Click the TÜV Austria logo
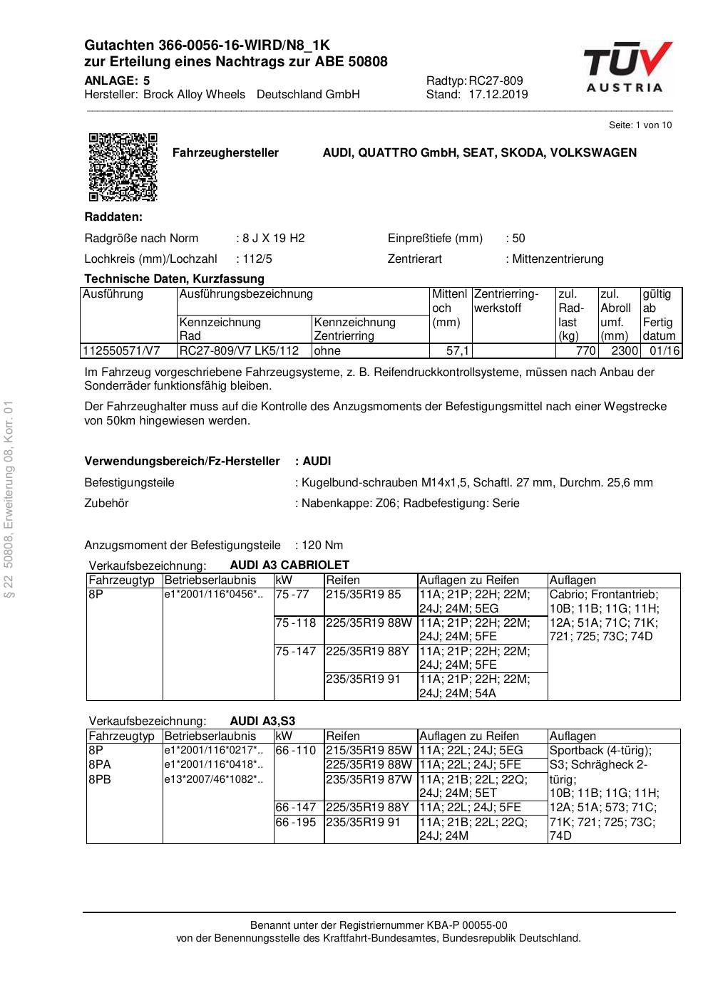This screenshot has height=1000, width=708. point(627,68)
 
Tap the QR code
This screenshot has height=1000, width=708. point(123,167)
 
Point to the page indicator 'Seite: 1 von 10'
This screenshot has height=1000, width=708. point(640,125)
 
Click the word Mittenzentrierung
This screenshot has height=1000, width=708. point(558,259)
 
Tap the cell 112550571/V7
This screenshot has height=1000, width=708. point(121,350)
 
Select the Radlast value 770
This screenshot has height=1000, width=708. point(585,350)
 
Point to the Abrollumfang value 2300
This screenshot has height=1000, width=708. point(625,350)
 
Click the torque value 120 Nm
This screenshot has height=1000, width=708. point(322,546)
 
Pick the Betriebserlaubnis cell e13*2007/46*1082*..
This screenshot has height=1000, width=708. point(213,779)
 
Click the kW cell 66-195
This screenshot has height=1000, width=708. point(295,822)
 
